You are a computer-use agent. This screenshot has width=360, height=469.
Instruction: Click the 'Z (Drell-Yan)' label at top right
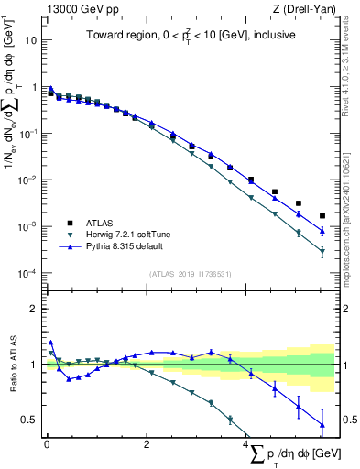click(x=309, y=8)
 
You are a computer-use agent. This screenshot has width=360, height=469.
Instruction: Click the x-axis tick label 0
click(x=46, y=444)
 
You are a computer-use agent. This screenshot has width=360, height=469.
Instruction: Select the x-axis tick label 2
click(x=147, y=444)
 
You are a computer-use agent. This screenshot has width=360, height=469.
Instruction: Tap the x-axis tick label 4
click(x=246, y=444)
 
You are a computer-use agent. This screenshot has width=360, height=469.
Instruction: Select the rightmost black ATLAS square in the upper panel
click(x=322, y=216)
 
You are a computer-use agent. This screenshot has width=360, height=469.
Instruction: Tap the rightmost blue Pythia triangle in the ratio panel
click(x=322, y=424)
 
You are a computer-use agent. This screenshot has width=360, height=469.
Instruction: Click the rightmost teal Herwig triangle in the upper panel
click(x=322, y=252)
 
